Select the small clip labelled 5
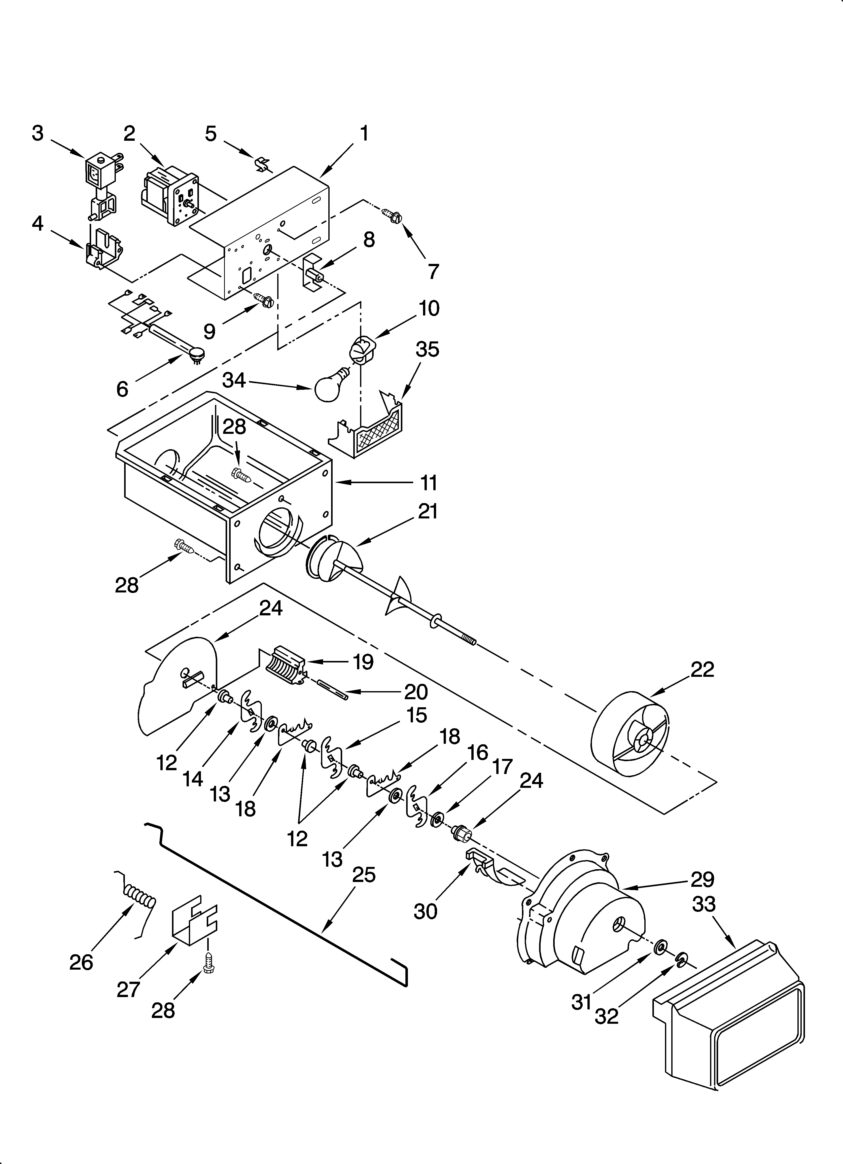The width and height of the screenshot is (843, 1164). tap(262, 165)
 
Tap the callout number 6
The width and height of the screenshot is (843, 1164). tap(122, 389)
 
